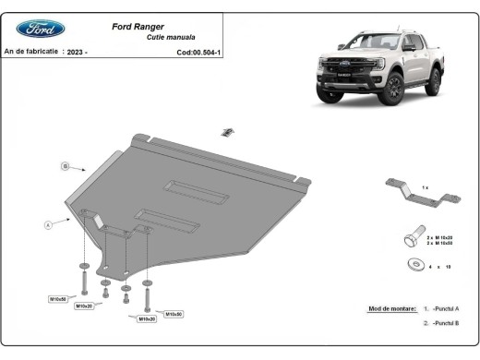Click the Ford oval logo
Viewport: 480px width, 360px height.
(x=41, y=29)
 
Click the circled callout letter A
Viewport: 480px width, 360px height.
(x=47, y=224)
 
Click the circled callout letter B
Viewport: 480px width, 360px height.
(x=66, y=166)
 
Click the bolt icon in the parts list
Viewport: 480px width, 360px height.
(x=412, y=238)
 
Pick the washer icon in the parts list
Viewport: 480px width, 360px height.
(x=412, y=266)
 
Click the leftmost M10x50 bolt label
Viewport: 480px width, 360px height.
(x=59, y=298)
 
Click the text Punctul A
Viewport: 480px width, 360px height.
(x=447, y=308)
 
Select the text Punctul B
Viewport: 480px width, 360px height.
(x=447, y=324)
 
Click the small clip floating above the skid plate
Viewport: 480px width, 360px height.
(x=225, y=132)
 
